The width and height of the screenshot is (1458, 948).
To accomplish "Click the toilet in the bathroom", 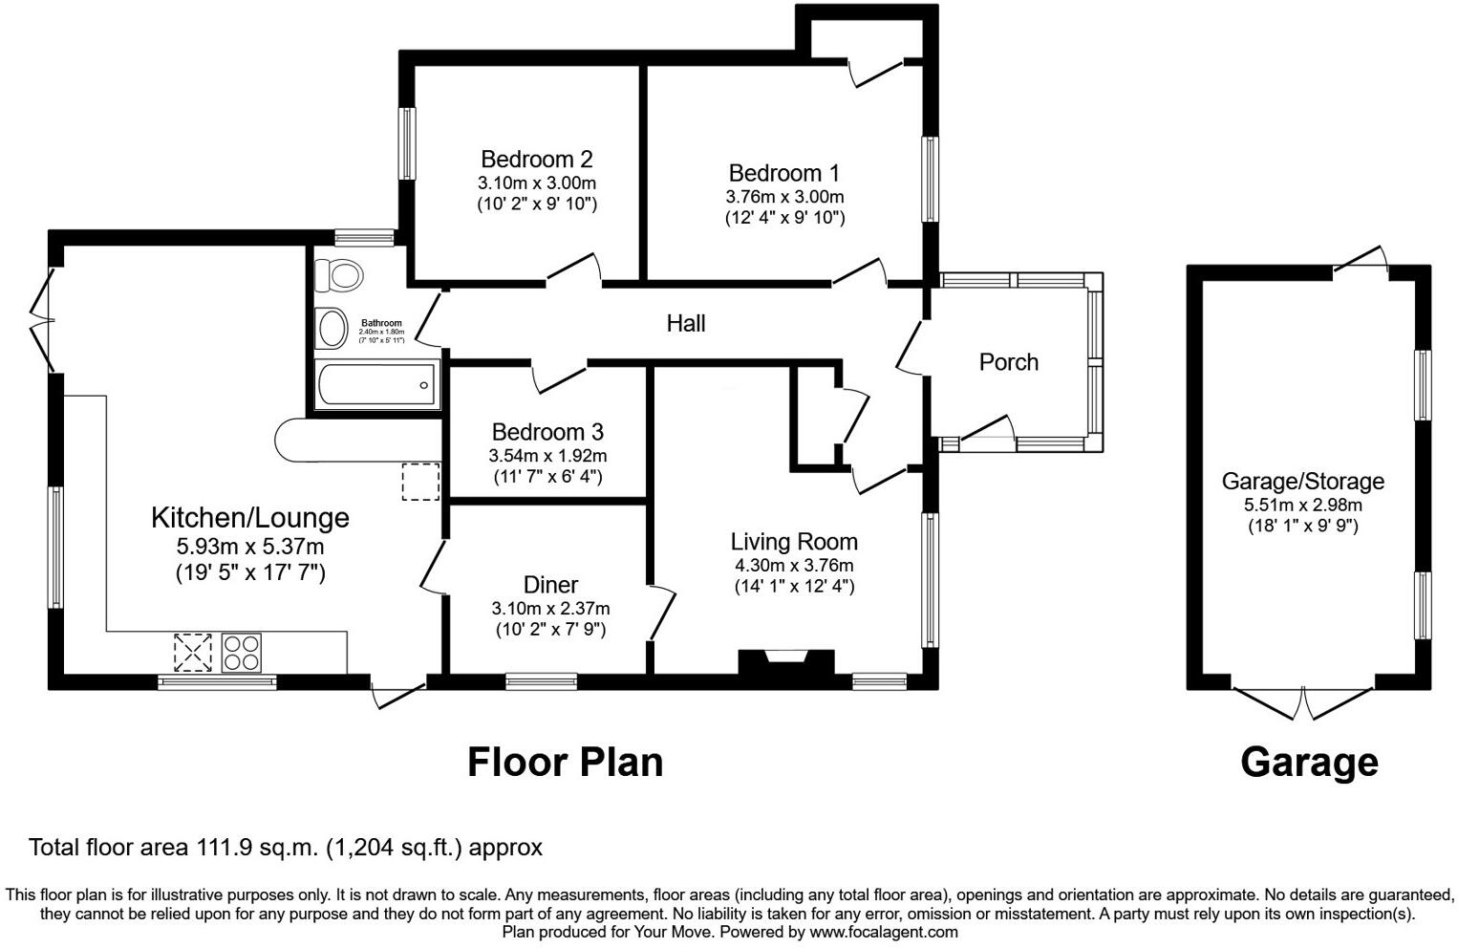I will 339,275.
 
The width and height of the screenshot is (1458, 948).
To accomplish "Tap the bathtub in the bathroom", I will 376,385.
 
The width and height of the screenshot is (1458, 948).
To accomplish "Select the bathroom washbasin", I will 332,328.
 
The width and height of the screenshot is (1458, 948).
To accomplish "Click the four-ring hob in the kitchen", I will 241,654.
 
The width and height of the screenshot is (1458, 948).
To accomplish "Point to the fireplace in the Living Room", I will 785,663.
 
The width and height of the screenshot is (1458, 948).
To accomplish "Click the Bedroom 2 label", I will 536,159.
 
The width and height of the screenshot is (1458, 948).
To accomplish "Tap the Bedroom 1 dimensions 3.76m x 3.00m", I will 784,196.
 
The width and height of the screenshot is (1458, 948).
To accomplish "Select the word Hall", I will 685,324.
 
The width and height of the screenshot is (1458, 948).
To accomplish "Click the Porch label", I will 1008,362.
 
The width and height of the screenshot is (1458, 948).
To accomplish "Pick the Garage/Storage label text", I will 1302,482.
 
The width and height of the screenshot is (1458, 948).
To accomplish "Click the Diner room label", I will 550,585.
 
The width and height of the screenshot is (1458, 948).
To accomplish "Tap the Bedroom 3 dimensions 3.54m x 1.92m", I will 547,456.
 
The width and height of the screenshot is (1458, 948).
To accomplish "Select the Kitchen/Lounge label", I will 250,518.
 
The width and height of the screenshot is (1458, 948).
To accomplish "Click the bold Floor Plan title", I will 565,763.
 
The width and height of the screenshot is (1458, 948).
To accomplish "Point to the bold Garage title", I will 1309,763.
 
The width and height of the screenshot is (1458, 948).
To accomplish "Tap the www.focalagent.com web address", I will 883,932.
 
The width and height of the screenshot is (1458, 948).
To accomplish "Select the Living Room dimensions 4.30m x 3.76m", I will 794,565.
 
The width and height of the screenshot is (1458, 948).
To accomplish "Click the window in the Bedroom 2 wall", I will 408,143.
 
